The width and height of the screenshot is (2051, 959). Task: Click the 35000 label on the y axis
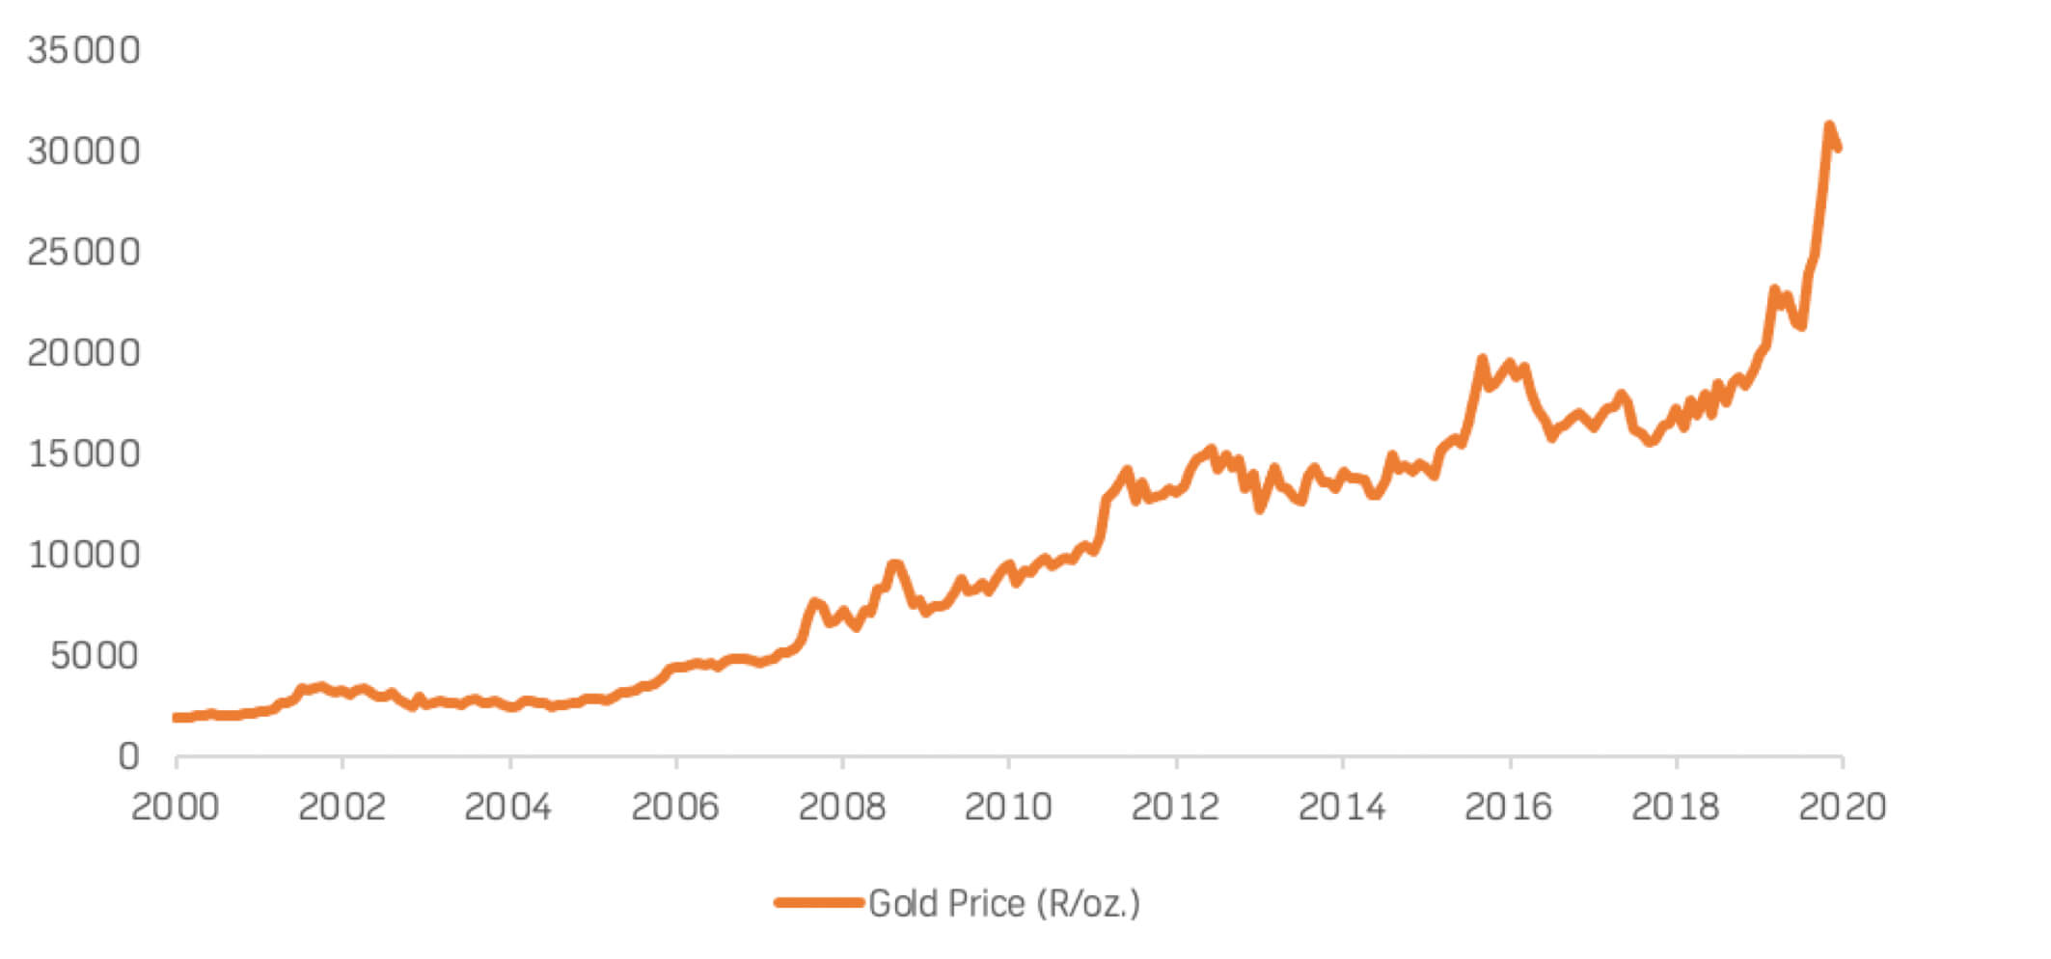(84, 50)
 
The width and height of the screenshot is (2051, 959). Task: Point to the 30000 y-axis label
(84, 151)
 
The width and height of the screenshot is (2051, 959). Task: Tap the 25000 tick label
(84, 253)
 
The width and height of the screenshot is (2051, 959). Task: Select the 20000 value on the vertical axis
(84, 353)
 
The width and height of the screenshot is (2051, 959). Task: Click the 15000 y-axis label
(84, 454)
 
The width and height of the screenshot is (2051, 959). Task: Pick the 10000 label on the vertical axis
(84, 555)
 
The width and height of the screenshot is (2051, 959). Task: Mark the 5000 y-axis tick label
(95, 656)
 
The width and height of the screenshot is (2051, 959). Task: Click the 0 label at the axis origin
(128, 757)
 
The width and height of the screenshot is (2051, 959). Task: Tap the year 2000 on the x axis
(176, 807)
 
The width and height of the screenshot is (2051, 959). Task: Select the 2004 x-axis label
(508, 807)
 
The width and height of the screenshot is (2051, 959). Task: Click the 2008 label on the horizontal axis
(842, 807)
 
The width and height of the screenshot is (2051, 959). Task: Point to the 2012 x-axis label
(1175, 807)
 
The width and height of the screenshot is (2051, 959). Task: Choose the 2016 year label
(1509, 807)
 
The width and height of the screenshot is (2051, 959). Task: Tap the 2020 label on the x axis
(1842, 807)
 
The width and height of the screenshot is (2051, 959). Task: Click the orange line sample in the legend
(818, 903)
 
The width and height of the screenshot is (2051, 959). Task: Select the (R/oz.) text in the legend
(1088, 904)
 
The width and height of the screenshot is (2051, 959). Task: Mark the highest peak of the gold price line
(1828, 125)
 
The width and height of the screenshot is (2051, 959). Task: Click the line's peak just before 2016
(1482, 359)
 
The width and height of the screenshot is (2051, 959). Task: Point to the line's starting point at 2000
(177, 717)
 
